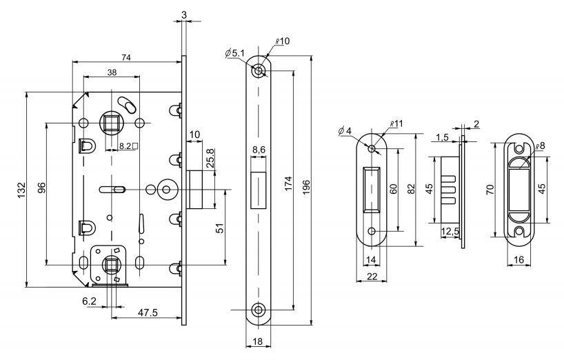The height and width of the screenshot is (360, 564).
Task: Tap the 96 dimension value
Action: point(41,188)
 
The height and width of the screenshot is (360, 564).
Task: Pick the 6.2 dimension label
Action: point(89,302)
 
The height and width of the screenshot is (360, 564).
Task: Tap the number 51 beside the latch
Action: point(221,228)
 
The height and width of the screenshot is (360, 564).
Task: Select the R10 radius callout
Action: point(282,42)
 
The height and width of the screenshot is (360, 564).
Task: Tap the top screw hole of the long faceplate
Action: point(259,72)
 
